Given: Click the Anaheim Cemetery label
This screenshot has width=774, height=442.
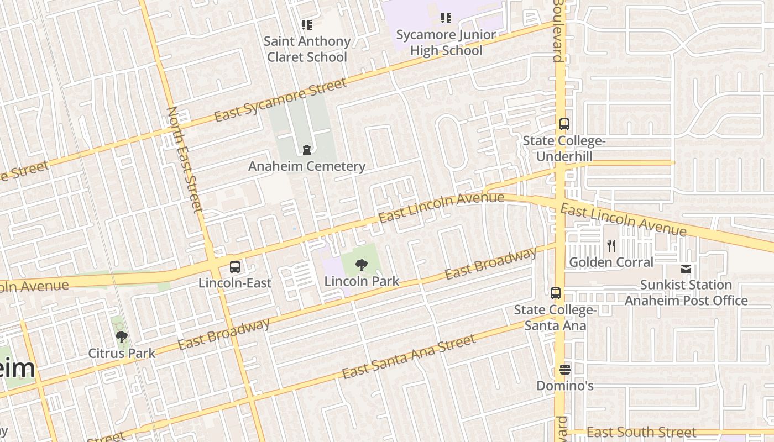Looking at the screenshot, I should (x=307, y=166).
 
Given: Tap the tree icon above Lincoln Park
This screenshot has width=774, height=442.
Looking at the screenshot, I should (x=361, y=265).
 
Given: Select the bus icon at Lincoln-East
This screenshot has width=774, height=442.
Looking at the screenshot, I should (x=235, y=267).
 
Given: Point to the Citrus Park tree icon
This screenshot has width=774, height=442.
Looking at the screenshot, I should (x=122, y=336).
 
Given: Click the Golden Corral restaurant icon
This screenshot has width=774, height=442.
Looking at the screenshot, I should (x=611, y=246).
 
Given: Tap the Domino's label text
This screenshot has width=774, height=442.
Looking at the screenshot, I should (x=565, y=386).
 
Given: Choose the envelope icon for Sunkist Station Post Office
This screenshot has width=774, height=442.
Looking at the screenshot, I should (x=686, y=269).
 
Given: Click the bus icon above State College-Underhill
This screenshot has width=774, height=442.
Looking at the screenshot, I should (x=564, y=124).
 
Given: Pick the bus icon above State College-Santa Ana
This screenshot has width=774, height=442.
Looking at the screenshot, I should (x=556, y=293).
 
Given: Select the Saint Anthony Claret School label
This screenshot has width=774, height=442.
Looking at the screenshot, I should (x=307, y=49).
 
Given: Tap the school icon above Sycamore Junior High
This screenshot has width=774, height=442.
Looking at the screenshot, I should (x=446, y=18).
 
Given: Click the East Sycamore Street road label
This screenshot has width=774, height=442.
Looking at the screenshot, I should (x=280, y=100).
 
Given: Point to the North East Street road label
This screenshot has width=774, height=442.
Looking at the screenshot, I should (x=185, y=160).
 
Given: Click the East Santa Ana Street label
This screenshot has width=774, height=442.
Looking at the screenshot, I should (x=409, y=357).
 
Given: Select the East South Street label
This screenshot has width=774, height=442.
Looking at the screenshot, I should (x=641, y=432).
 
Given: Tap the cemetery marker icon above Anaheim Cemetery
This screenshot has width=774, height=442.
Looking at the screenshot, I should (x=307, y=149).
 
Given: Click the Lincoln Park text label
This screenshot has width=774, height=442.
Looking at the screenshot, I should (x=362, y=281).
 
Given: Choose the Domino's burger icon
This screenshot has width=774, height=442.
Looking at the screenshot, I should (x=564, y=369).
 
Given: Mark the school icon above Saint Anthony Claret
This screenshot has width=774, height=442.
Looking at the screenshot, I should (x=307, y=24).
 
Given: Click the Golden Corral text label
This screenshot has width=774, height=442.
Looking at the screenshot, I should (x=611, y=262).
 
